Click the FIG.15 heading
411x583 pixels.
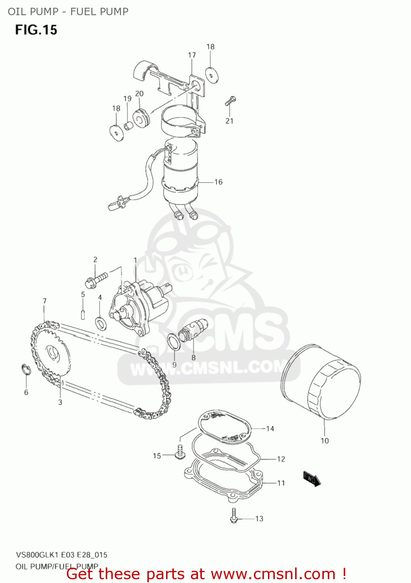tap(36, 30)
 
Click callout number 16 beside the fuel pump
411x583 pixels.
tap(219, 182)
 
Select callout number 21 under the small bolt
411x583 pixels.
tap(229, 121)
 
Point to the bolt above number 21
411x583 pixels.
tap(230, 101)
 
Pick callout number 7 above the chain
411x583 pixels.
tap(45, 301)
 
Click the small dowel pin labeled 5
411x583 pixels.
tap(83, 314)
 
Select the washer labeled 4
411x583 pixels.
tap(101, 323)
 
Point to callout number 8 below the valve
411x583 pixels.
tap(193, 358)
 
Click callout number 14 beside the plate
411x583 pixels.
tap(270, 429)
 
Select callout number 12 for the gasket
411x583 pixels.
tap(281, 459)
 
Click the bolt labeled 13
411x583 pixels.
tap(234, 516)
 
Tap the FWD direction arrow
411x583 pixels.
tap(312, 479)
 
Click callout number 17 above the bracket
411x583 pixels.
tap(192, 55)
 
